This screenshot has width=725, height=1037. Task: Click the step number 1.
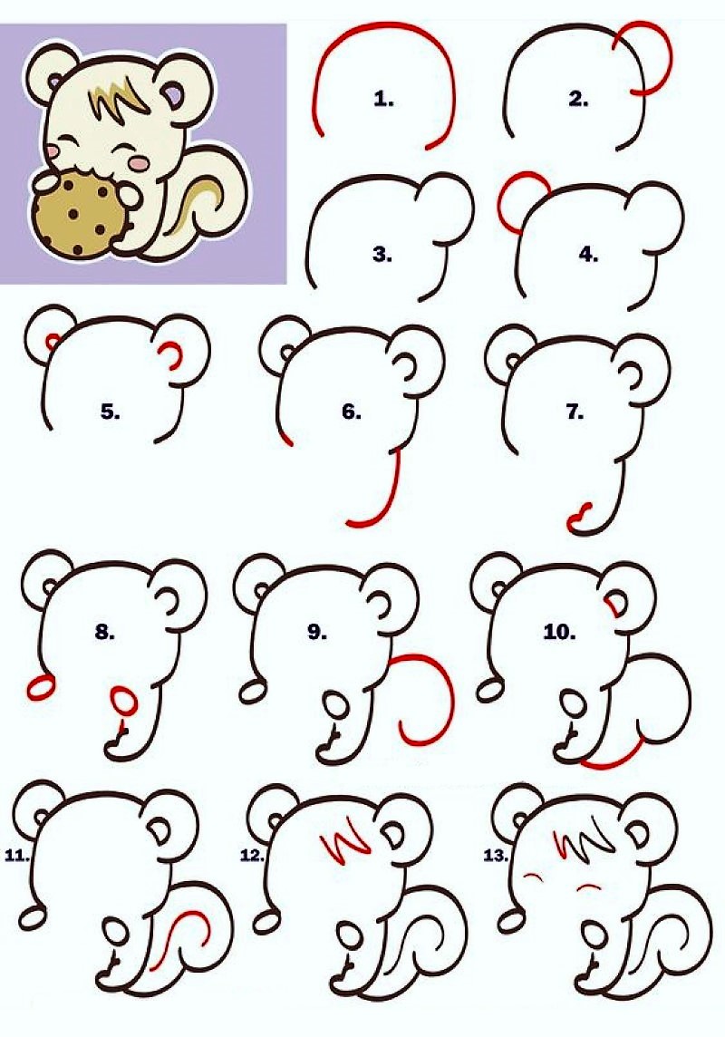pyautogui.click(x=384, y=100)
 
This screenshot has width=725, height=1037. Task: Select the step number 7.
pyautogui.click(x=575, y=412)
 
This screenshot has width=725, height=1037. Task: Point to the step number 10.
pyautogui.click(x=559, y=632)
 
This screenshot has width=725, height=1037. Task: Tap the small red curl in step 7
pyautogui.click(x=578, y=516)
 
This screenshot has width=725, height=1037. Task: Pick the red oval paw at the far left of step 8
pyautogui.click(x=40, y=687)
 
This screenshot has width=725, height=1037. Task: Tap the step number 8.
pyautogui.click(x=105, y=632)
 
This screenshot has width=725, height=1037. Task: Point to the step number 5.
pyautogui.click(x=111, y=412)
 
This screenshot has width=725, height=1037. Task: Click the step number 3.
pyautogui.click(x=382, y=255)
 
